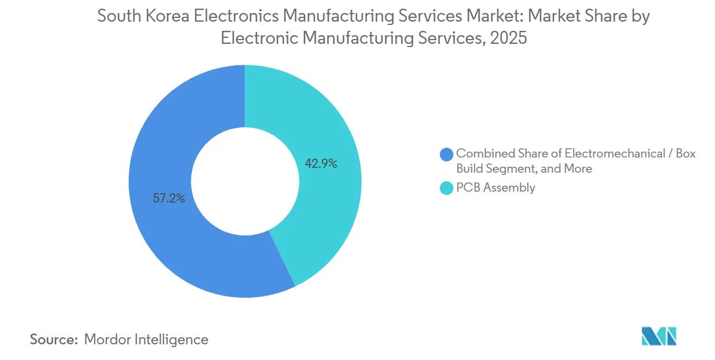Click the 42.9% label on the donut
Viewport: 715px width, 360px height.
(321, 163)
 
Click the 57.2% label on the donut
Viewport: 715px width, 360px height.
(169, 198)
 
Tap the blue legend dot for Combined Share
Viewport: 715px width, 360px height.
(447, 154)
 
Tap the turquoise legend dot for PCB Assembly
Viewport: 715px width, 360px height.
(447, 188)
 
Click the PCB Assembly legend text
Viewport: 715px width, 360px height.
(496, 188)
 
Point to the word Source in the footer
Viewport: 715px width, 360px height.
(53, 339)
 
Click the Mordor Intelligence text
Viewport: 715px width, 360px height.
(146, 339)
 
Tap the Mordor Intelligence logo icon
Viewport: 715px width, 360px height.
(659, 336)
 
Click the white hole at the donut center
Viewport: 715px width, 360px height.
(245, 181)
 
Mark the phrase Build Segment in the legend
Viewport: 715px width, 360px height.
(495, 169)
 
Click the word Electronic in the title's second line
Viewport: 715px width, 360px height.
(259, 38)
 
